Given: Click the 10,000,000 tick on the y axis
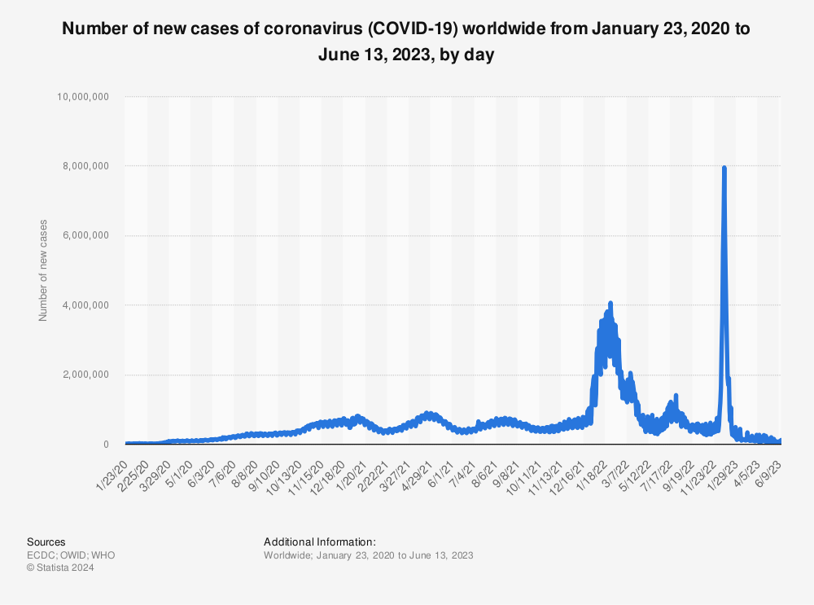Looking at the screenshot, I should pyautogui.click(x=83, y=97).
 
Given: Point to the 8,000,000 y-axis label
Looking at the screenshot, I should pyautogui.click(x=85, y=166).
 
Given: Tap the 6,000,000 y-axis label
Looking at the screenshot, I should pyautogui.click(x=85, y=236).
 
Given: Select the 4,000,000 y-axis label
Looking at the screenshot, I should pyautogui.click(x=85, y=305).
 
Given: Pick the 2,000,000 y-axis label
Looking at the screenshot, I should pyautogui.click(x=85, y=375).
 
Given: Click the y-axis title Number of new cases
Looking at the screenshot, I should pyautogui.click(x=43, y=270).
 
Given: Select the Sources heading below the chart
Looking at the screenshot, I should pyautogui.click(x=46, y=541).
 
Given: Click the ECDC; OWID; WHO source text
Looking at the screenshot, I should pyautogui.click(x=71, y=555).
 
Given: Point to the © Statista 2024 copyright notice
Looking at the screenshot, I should pyautogui.click(x=61, y=568).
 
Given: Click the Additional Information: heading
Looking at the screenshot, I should pyautogui.click(x=320, y=541).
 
